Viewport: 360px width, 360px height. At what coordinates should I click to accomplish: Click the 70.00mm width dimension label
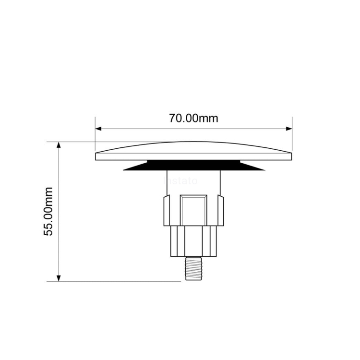[193, 118]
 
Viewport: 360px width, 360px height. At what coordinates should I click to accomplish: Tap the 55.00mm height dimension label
[48, 211]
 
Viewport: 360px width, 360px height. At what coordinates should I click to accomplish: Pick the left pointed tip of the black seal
[125, 169]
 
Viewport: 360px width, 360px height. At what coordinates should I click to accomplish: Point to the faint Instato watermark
[180, 181]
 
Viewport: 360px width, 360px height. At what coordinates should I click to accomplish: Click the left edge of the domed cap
[96, 156]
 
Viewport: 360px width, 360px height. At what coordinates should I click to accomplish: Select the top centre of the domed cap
[193, 143]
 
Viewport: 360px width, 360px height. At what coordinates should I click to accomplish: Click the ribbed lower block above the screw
[193, 241]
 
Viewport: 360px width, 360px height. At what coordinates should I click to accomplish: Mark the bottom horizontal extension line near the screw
[120, 281]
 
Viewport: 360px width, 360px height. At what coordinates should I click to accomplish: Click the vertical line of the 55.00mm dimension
[59, 211]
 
